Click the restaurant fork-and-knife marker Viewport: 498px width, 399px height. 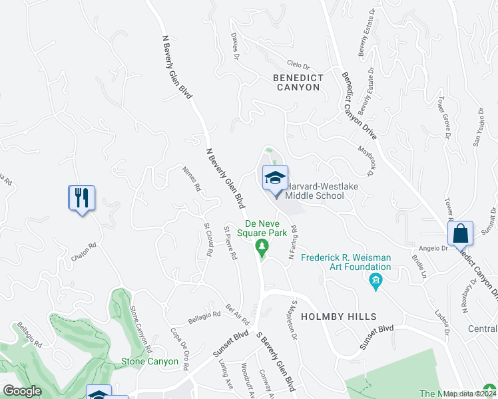tap(82, 198)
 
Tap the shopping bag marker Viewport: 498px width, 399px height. tap(460, 234)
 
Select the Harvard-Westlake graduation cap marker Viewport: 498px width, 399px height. tap(275, 178)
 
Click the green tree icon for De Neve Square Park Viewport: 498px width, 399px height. tap(262, 247)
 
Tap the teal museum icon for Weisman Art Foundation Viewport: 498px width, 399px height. tap(376, 282)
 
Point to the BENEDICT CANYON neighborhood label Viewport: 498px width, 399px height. tap(299, 82)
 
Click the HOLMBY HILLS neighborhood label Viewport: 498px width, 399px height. tap(338, 317)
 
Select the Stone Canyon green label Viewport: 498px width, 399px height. tap(149, 362)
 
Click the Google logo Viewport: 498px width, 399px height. tap(22, 391)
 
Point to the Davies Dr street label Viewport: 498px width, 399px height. tap(236, 47)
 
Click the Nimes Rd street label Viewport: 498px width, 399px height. tap(192, 178)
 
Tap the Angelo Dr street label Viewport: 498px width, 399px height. tap(433, 248)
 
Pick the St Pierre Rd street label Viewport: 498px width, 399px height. tap(230, 243)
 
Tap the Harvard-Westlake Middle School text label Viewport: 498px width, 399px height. tap(315, 191)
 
